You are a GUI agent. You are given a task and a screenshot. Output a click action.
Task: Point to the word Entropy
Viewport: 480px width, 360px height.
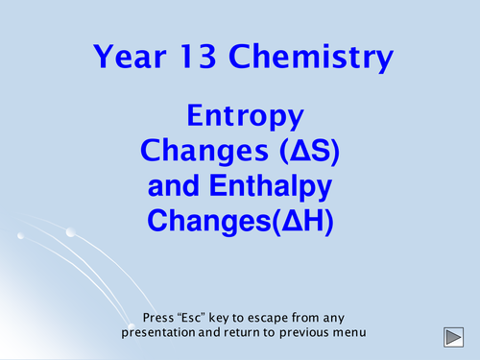coord(245,118)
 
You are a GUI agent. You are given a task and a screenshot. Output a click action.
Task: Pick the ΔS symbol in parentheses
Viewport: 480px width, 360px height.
coord(300,151)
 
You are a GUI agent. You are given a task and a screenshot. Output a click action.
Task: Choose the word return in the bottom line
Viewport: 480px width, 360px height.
coord(244,333)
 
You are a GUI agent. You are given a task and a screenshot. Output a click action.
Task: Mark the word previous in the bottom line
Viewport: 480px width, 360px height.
coord(307,333)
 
